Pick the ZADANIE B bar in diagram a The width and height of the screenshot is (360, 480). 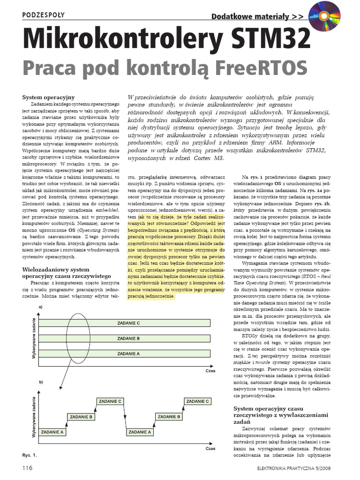pos(128,338)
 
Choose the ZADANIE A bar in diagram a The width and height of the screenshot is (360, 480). pos(128,353)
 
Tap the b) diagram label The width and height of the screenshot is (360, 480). pos(41,382)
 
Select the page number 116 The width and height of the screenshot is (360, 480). pos(27,468)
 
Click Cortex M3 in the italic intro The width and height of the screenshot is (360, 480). pos(208,158)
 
